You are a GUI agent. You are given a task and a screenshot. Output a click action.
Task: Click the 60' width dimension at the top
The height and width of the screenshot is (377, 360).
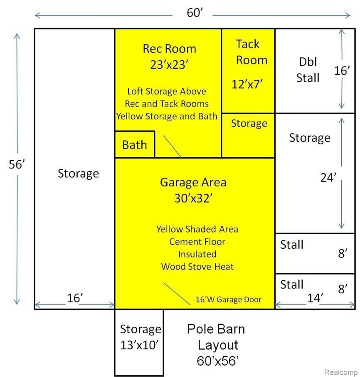click(x=195, y=13)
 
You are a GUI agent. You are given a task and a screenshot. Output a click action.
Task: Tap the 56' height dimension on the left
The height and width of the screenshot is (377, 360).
click(x=17, y=164)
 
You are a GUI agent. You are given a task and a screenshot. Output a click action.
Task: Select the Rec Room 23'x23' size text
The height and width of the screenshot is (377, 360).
click(x=169, y=64)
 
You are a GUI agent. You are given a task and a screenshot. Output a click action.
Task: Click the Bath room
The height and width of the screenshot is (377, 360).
click(x=135, y=145)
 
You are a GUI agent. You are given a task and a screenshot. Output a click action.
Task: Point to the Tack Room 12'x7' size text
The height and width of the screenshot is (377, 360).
click(x=247, y=84)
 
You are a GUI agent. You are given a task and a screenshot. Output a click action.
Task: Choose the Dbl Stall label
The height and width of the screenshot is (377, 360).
click(x=308, y=70)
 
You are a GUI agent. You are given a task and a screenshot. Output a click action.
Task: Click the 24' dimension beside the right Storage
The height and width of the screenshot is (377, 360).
click(x=328, y=178)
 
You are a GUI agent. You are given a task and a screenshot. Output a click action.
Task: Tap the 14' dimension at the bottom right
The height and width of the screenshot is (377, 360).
click(x=315, y=298)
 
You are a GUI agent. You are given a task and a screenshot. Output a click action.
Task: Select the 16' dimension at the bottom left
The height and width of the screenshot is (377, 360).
click(x=75, y=298)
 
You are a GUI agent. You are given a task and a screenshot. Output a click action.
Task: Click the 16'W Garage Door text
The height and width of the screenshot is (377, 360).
click(x=228, y=300)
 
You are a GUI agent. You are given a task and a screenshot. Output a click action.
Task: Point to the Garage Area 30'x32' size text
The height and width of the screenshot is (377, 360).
click(x=193, y=198)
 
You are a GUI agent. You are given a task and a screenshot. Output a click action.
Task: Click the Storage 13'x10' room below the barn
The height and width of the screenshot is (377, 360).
click(x=139, y=342)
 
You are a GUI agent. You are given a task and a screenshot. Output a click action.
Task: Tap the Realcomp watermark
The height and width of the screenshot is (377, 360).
click(x=341, y=372)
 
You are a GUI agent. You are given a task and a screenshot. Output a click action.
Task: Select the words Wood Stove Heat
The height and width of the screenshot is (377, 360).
click(x=197, y=267)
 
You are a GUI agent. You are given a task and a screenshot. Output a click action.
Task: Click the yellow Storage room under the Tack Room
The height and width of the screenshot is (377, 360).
click(x=248, y=136)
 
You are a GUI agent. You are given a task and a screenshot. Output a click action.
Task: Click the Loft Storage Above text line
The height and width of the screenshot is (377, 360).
click(x=167, y=92)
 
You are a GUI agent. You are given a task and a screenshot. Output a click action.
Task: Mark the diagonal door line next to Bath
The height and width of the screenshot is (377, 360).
click(x=172, y=146)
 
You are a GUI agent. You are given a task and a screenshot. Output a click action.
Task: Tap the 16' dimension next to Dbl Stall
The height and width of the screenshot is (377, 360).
click(x=342, y=71)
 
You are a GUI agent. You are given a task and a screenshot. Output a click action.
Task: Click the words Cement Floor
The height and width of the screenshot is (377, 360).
click(x=197, y=242)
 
